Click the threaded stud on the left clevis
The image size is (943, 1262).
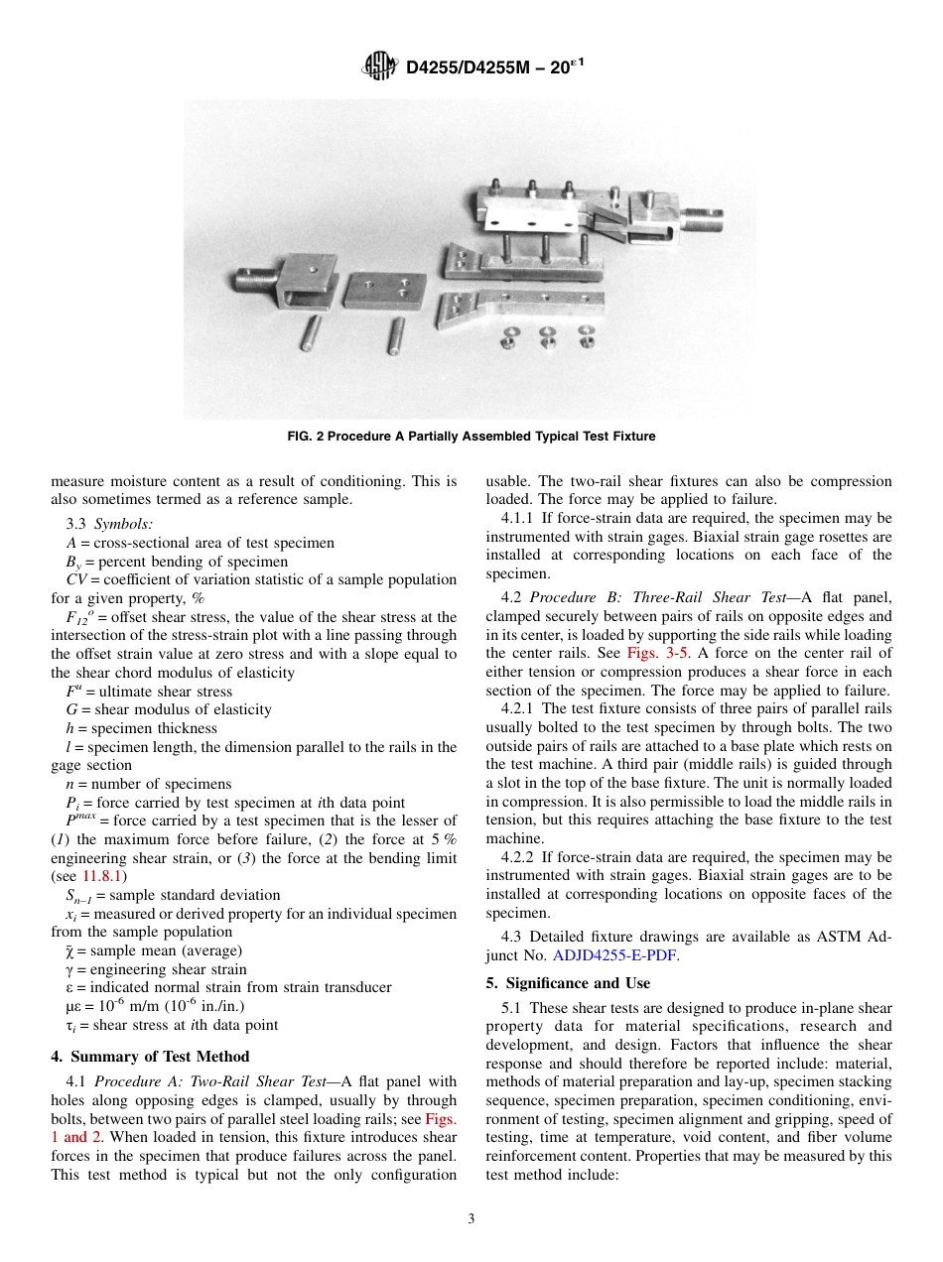pyautogui.click(x=254, y=275)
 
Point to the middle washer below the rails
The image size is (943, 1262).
pyautogui.click(x=547, y=334)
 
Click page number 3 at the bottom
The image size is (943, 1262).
pyautogui.click(x=471, y=1219)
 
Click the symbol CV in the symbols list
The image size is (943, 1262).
pyautogui.click(x=75, y=579)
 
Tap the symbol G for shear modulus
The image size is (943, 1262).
pyautogui.click(x=70, y=709)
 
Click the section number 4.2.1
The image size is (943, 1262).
pyautogui.click(x=519, y=708)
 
